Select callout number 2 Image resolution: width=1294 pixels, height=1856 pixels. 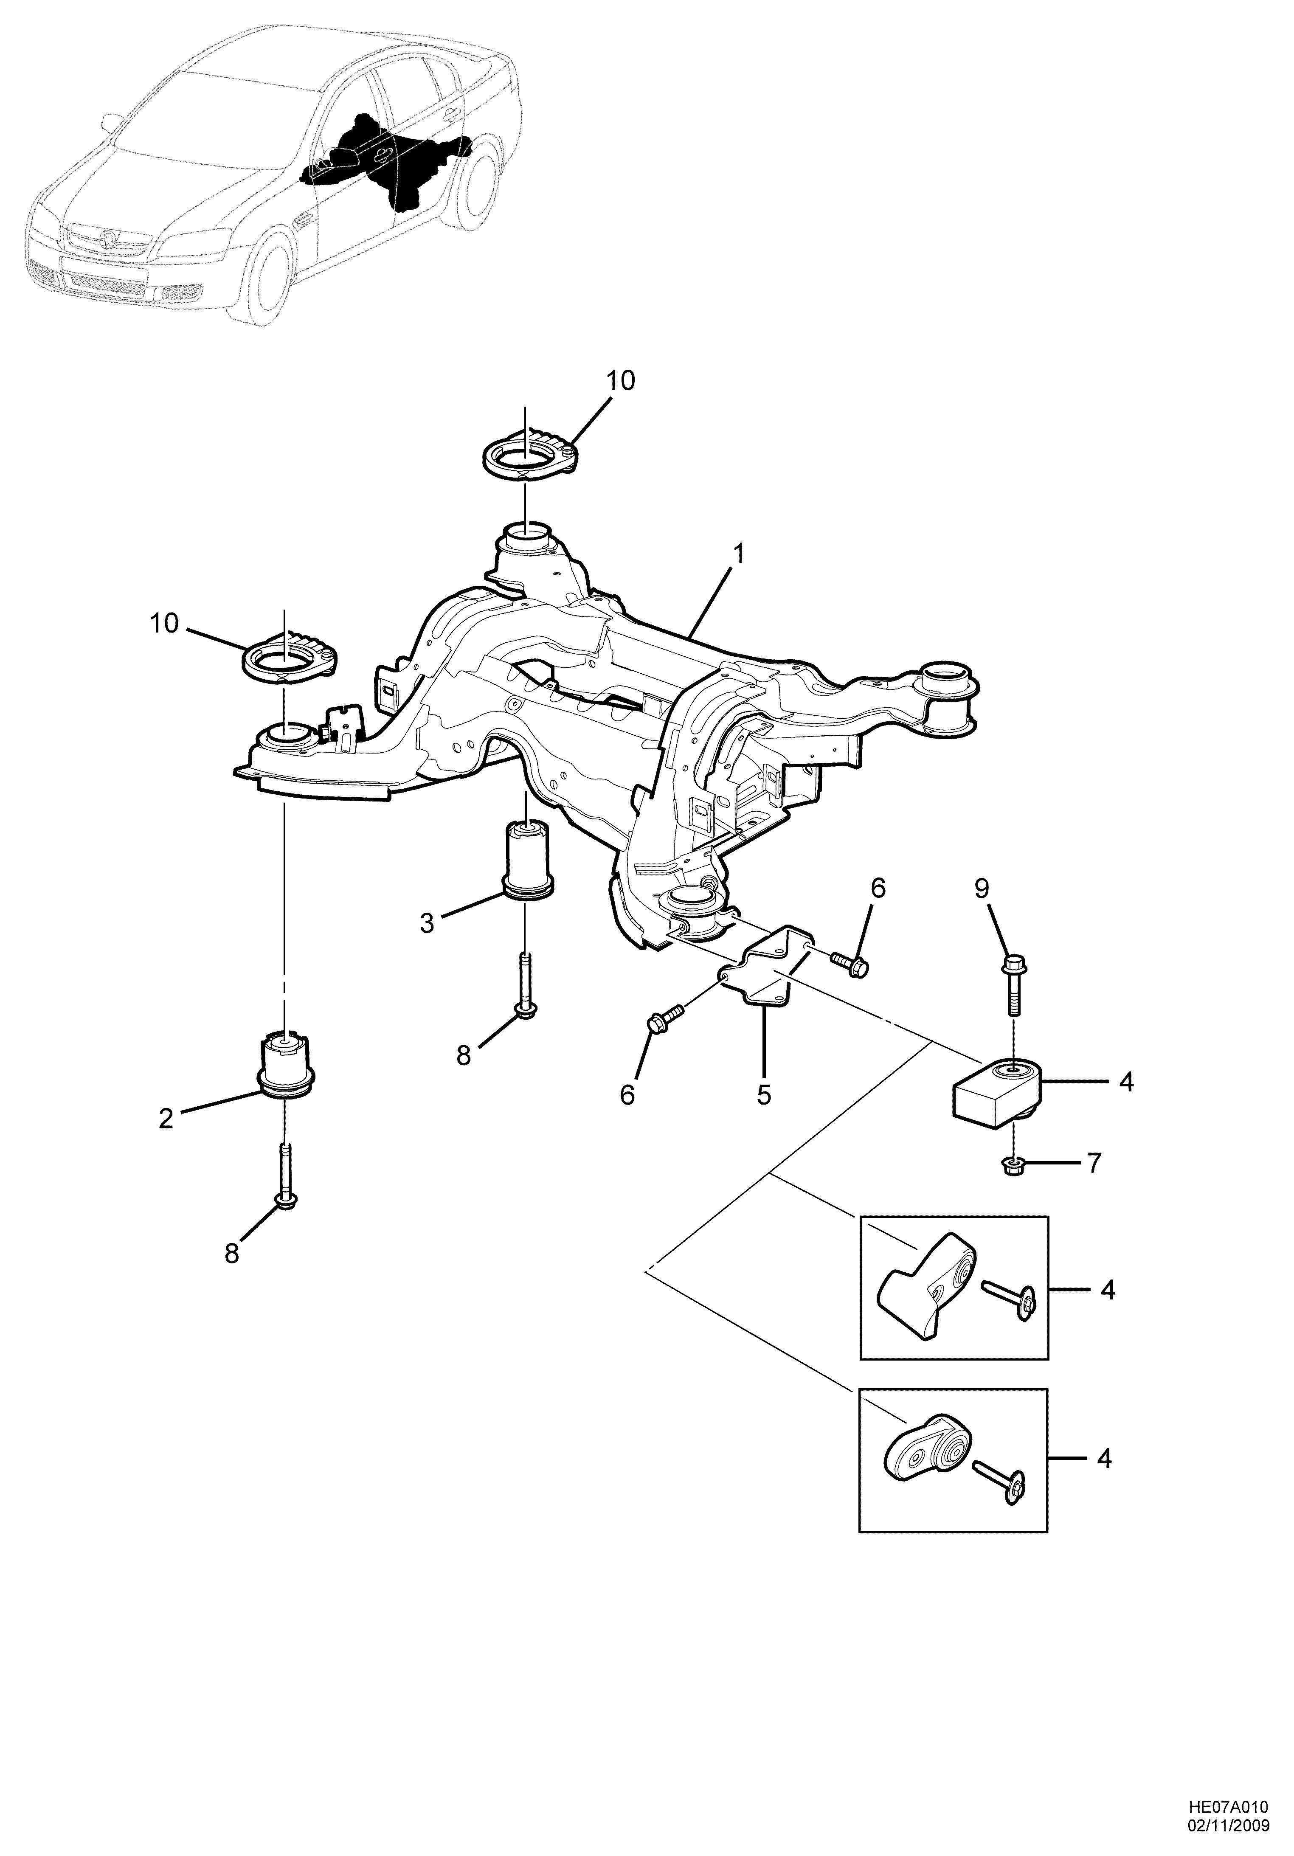(x=166, y=1119)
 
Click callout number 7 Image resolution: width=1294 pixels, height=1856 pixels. (x=1094, y=1163)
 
